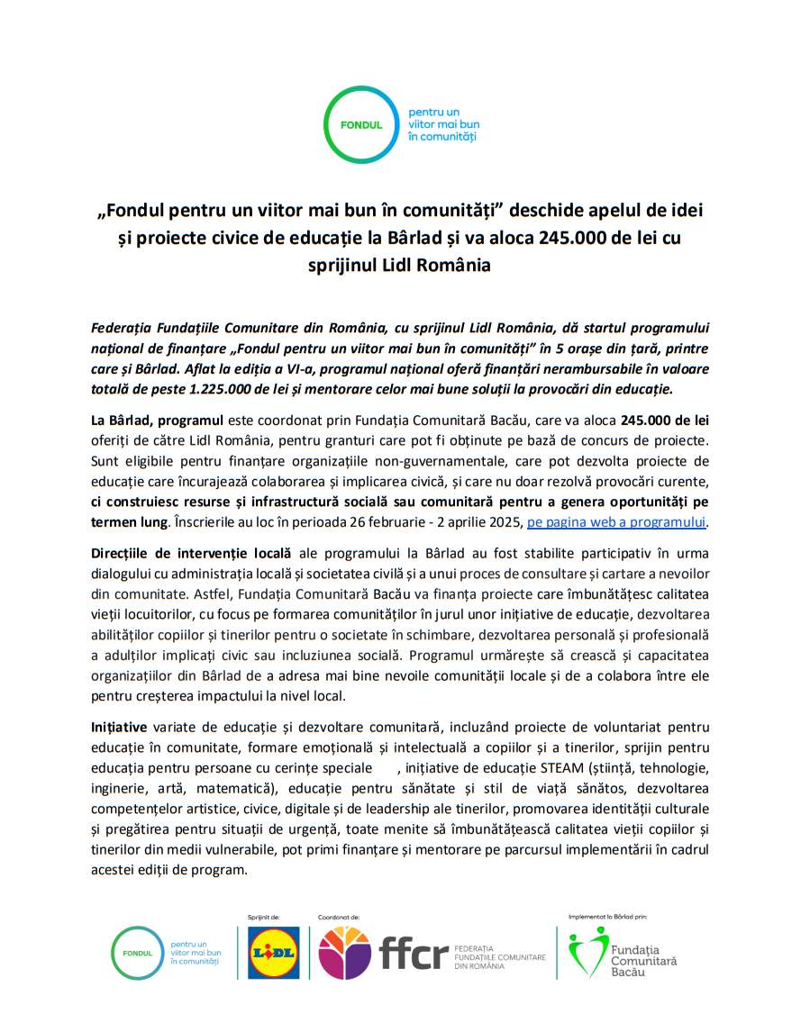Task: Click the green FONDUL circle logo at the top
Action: pyautogui.click(x=361, y=125)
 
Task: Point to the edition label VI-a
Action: pyautogui.click(x=280, y=369)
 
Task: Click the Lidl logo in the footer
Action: pyautogui.click(x=273, y=953)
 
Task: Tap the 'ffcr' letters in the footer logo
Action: pyautogui.click(x=414, y=953)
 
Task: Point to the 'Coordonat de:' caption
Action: pyautogui.click(x=339, y=917)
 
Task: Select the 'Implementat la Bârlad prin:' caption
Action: pyautogui.click(x=608, y=916)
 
